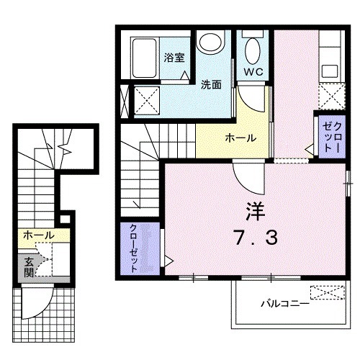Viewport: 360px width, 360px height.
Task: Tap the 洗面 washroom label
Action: [x=211, y=83]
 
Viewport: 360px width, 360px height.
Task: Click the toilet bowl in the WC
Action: [x=253, y=50]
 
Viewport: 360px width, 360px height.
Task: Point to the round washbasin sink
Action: [x=210, y=42]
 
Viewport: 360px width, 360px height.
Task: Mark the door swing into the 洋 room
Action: [x=244, y=173]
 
